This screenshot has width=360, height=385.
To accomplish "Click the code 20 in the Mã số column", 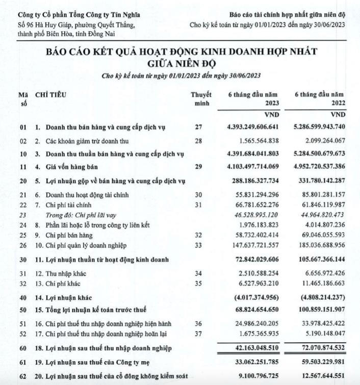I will pyautogui.click(x=22, y=181).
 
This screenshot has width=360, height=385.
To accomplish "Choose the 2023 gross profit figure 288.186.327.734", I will pyautogui.click(x=252, y=181).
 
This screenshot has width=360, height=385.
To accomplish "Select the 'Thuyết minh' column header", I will pyautogui.click(x=198, y=98).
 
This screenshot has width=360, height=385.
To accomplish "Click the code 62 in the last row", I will pyautogui.click(x=22, y=376).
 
